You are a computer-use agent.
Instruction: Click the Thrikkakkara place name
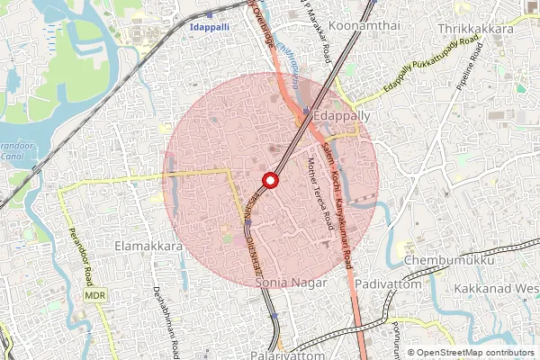pos(475,29)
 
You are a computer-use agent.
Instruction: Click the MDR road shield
pos(94,294)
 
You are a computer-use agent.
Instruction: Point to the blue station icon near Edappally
pos(306,112)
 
